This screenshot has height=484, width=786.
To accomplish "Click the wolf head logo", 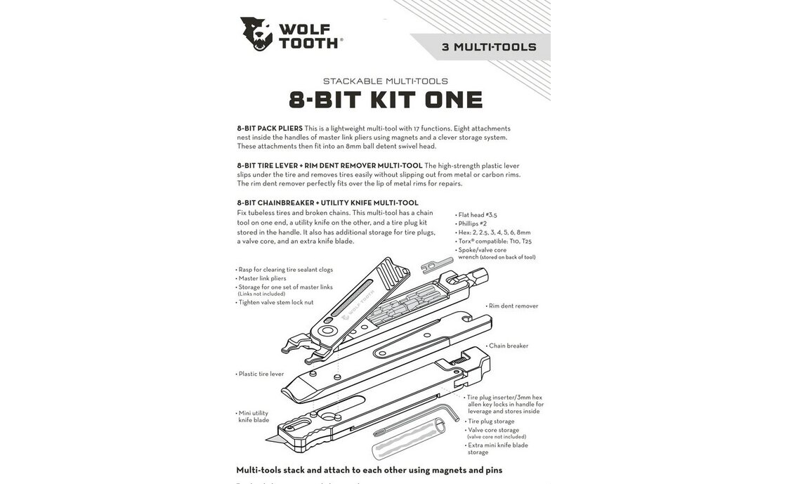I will [256, 34].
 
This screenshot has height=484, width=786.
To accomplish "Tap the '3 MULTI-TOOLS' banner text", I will [489, 48].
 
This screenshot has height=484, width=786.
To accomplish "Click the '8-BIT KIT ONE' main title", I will [386, 100].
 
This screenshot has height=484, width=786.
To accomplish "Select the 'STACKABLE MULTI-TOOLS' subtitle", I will [385, 81].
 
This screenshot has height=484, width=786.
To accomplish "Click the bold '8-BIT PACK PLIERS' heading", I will [270, 129].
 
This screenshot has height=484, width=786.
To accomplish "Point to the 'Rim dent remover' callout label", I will [513, 306].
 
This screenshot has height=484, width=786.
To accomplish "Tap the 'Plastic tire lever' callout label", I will [261, 374].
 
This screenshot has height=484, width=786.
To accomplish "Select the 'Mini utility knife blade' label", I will [254, 416].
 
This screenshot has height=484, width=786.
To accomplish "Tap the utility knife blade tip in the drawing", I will [271, 439].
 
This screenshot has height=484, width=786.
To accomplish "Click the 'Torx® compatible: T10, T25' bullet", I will [495, 241].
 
